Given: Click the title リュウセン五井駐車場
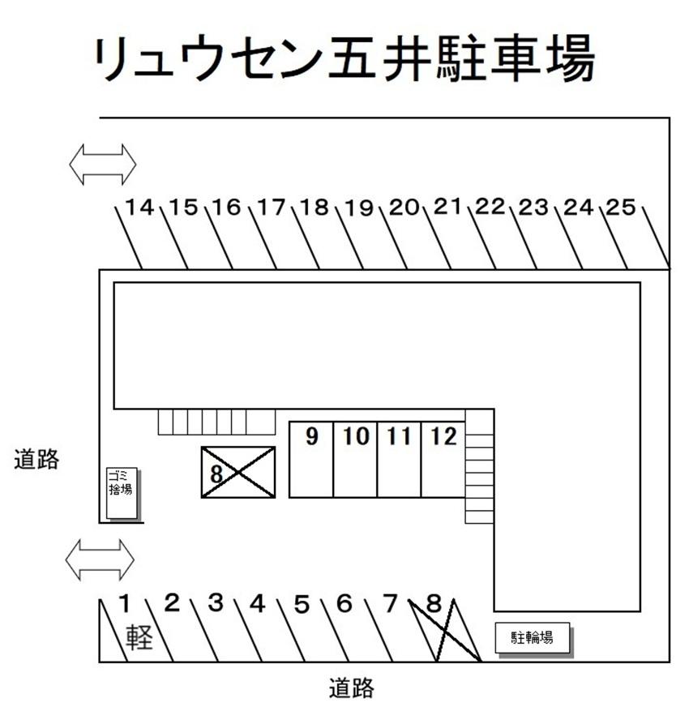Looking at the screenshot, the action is [344, 58].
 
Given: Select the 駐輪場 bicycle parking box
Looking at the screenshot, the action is [532, 637].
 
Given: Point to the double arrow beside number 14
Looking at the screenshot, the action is [102, 164].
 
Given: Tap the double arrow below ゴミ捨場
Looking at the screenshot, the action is [100, 560].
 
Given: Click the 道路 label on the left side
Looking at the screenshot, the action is [36, 460].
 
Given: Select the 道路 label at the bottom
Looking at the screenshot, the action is [352, 688].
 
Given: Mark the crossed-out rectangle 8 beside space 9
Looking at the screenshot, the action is [238, 472].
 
